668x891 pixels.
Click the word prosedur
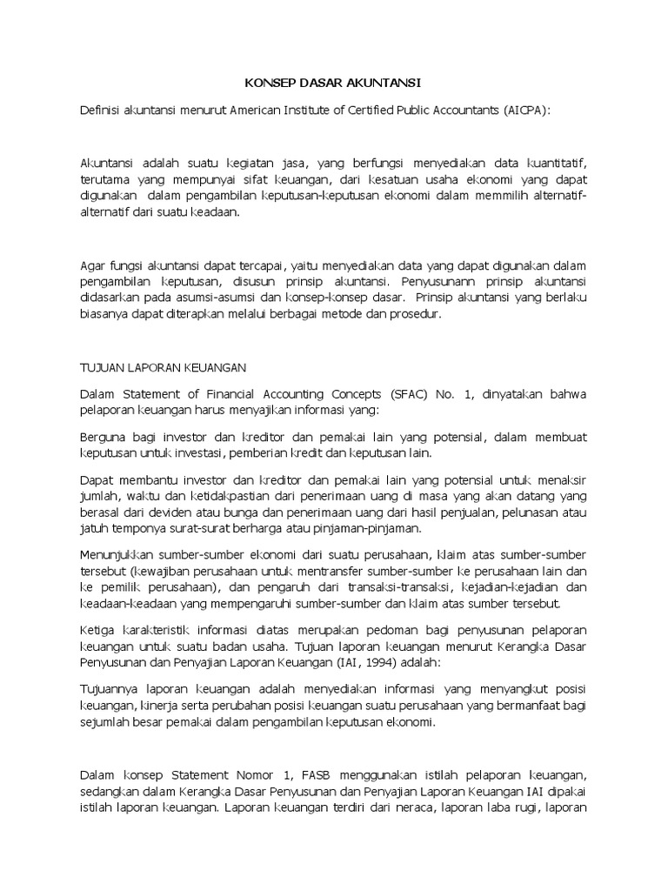tap(418, 314)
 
